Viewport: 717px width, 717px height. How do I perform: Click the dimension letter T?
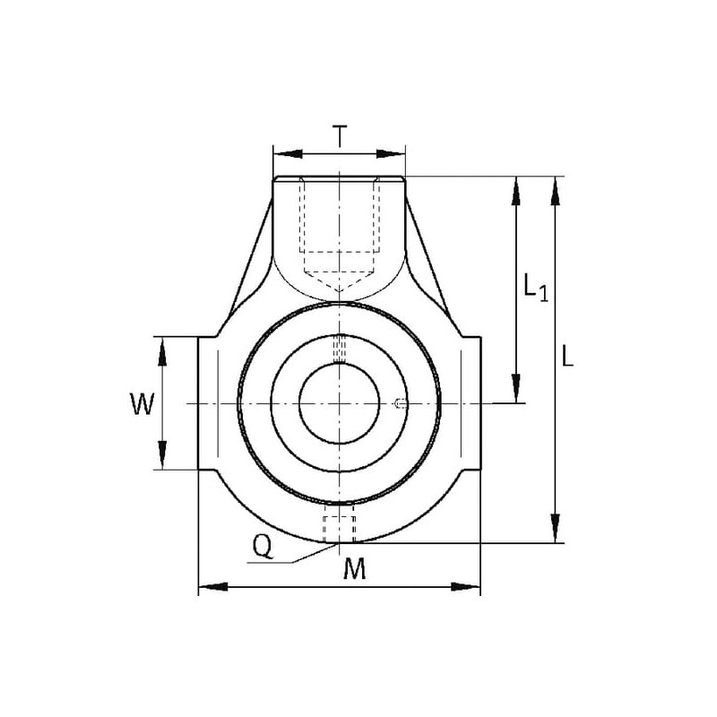coord(340,136)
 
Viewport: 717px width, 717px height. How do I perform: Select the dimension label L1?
coord(535,287)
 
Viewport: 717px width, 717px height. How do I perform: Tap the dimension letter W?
coord(143,404)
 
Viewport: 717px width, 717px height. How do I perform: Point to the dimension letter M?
coord(355,568)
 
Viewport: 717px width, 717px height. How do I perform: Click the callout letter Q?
coord(263,547)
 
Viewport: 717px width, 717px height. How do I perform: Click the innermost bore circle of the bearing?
coord(340,364)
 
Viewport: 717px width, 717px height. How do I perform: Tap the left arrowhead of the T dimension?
coord(288,153)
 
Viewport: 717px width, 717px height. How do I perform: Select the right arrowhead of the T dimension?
coord(391,153)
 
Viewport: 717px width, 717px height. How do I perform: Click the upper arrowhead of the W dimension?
coord(162,352)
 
